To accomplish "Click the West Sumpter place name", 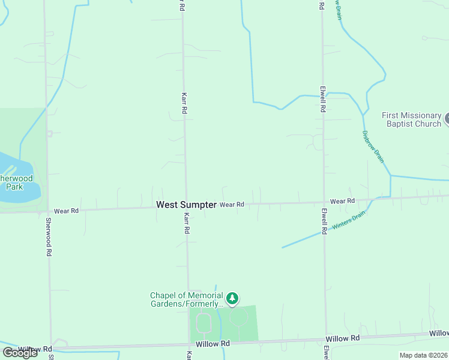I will pyautogui.click(x=186, y=205).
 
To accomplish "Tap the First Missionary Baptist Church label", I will pyautogui.click(x=412, y=119).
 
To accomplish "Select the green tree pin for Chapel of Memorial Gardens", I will pyautogui.click(x=232, y=298).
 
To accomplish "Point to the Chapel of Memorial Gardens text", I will pyautogui.click(x=186, y=299).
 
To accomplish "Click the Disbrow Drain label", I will pyautogui.click(x=372, y=146).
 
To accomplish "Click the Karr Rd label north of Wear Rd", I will pyautogui.click(x=184, y=103).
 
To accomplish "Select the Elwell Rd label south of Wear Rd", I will pyautogui.click(x=324, y=221).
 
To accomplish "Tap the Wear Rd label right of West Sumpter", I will pyautogui.click(x=232, y=205).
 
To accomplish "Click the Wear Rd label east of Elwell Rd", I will pyautogui.click(x=342, y=201).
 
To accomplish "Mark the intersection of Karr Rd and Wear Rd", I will pyautogui.click(x=185, y=206).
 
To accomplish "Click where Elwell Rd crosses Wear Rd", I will pyautogui.click(x=324, y=202).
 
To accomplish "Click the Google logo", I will pyautogui.click(x=20, y=353).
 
